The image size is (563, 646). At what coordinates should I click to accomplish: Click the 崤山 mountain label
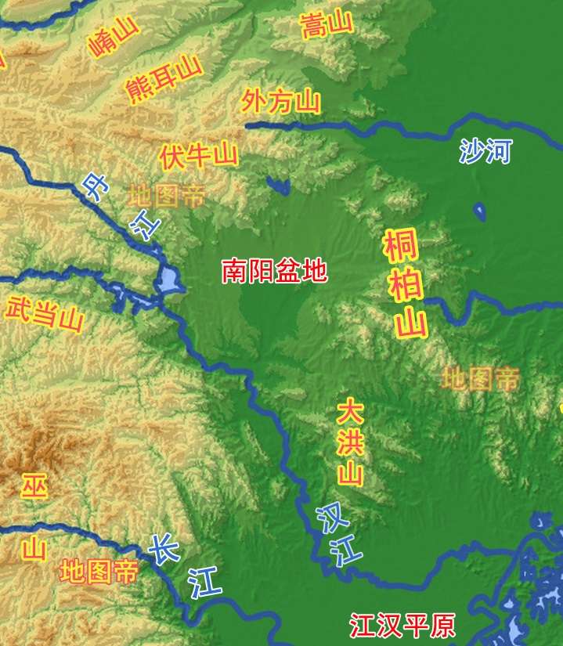[x=114, y=39]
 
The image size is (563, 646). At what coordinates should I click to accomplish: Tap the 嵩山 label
[x=327, y=25]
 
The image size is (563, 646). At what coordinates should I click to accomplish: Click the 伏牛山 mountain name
[x=198, y=153]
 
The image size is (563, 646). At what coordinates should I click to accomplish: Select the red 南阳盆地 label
[x=274, y=271]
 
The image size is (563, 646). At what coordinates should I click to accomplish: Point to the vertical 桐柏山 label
[x=405, y=283]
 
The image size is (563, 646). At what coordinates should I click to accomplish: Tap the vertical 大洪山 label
[x=350, y=442]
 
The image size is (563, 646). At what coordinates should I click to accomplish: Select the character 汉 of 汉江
[x=327, y=518]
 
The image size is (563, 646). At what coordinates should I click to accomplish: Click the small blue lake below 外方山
[x=278, y=186]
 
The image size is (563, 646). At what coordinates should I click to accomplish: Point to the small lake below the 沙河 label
[x=479, y=211]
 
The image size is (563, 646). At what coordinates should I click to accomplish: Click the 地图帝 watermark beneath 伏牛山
[x=167, y=196]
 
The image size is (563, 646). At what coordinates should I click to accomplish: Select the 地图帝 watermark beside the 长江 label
[x=99, y=571]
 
